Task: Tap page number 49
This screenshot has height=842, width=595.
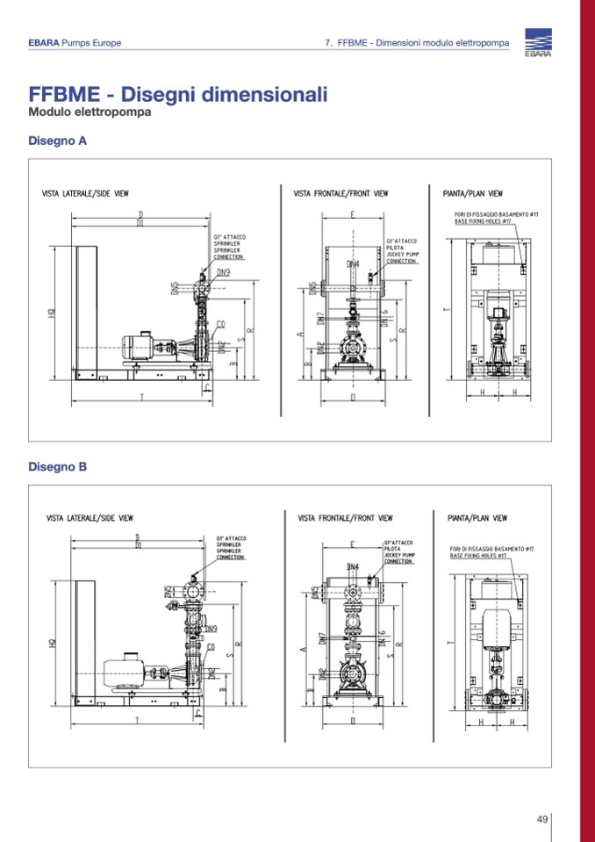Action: (542, 819)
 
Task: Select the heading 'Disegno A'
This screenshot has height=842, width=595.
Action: (57, 140)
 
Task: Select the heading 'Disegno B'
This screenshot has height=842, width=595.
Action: (57, 467)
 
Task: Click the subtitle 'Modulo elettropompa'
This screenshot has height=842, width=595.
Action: (90, 113)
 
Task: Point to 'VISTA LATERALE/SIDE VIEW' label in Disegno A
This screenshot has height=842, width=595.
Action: (91, 193)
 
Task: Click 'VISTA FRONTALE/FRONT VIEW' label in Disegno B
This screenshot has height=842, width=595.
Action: (345, 519)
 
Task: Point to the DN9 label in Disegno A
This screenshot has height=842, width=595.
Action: (224, 273)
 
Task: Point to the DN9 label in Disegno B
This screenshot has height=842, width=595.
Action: (211, 629)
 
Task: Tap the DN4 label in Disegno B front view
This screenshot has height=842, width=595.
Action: (353, 567)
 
